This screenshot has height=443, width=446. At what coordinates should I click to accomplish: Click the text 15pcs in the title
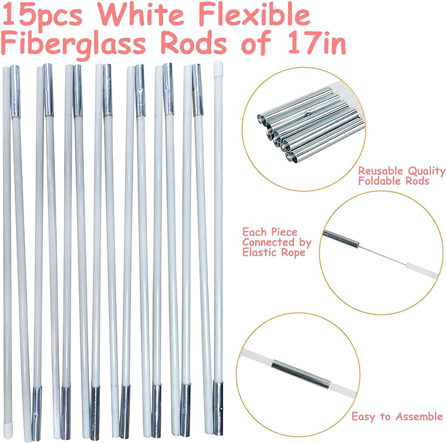(42, 17)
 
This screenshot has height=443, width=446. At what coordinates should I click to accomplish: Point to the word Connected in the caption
(268, 242)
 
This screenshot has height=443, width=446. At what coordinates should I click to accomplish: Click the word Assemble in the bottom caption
(419, 416)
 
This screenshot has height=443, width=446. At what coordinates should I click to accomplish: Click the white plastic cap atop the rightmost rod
(218, 69)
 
